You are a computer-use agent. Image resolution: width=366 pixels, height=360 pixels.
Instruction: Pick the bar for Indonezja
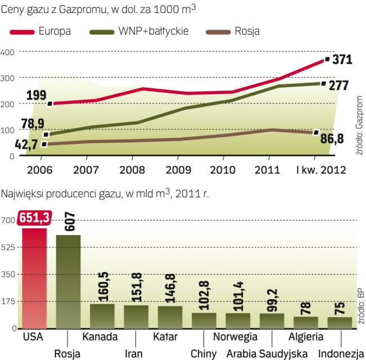(x=339, y=322)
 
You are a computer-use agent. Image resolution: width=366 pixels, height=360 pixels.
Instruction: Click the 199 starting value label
(x=37, y=94)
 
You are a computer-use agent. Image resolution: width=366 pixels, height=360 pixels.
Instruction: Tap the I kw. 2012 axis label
(x=318, y=169)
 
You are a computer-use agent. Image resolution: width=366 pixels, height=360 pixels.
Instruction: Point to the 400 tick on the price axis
(x=7, y=52)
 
